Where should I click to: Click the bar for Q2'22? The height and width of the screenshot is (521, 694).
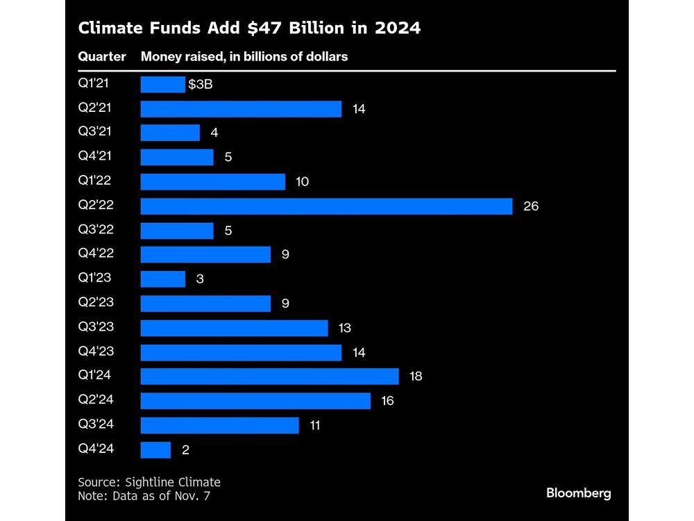(x=326, y=206)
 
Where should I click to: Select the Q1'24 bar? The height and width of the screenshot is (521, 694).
(x=269, y=377)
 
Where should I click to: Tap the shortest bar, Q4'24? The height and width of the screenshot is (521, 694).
(x=155, y=449)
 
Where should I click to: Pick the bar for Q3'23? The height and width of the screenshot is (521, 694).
(x=234, y=328)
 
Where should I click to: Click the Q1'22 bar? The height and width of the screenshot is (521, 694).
(x=212, y=182)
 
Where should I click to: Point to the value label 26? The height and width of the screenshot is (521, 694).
(x=531, y=206)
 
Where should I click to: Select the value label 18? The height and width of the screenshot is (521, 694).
(x=416, y=377)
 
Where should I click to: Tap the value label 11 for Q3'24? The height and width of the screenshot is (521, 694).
(x=314, y=425)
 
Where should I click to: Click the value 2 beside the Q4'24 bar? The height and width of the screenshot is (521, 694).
(x=185, y=449)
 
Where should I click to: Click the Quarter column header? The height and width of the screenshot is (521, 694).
(x=102, y=57)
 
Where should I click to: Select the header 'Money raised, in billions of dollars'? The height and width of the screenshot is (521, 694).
(x=244, y=57)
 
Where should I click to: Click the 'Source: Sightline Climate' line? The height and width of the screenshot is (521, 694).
(x=149, y=481)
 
